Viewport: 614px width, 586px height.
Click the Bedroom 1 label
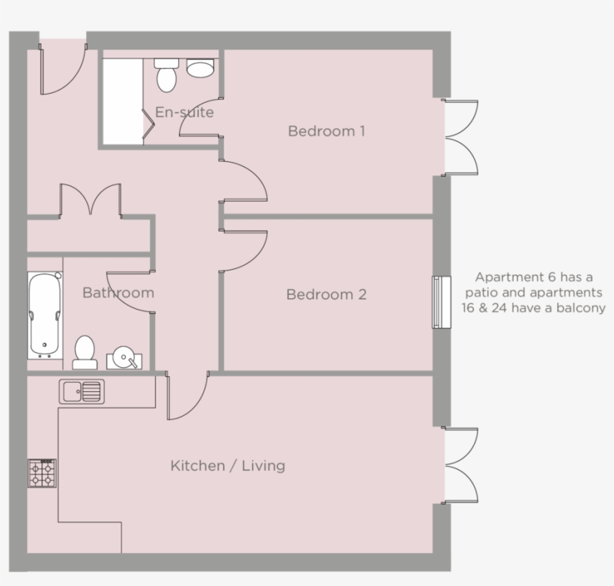[326, 131]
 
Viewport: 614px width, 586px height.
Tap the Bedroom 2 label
[326, 294]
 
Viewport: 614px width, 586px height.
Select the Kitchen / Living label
[228, 465]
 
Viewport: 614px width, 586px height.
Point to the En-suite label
[184, 112]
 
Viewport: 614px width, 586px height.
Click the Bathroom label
[118, 292]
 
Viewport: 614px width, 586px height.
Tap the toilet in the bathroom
[85, 352]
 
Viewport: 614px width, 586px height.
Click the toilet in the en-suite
[165, 74]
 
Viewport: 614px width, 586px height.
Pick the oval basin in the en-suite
[200, 69]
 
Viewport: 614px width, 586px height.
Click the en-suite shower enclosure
[123, 100]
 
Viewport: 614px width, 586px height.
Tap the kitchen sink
[82, 390]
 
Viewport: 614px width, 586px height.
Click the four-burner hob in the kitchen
[42, 473]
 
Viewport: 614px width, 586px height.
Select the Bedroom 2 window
[440, 302]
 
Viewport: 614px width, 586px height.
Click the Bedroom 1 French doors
[460, 136]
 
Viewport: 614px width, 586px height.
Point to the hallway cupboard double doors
[91, 200]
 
